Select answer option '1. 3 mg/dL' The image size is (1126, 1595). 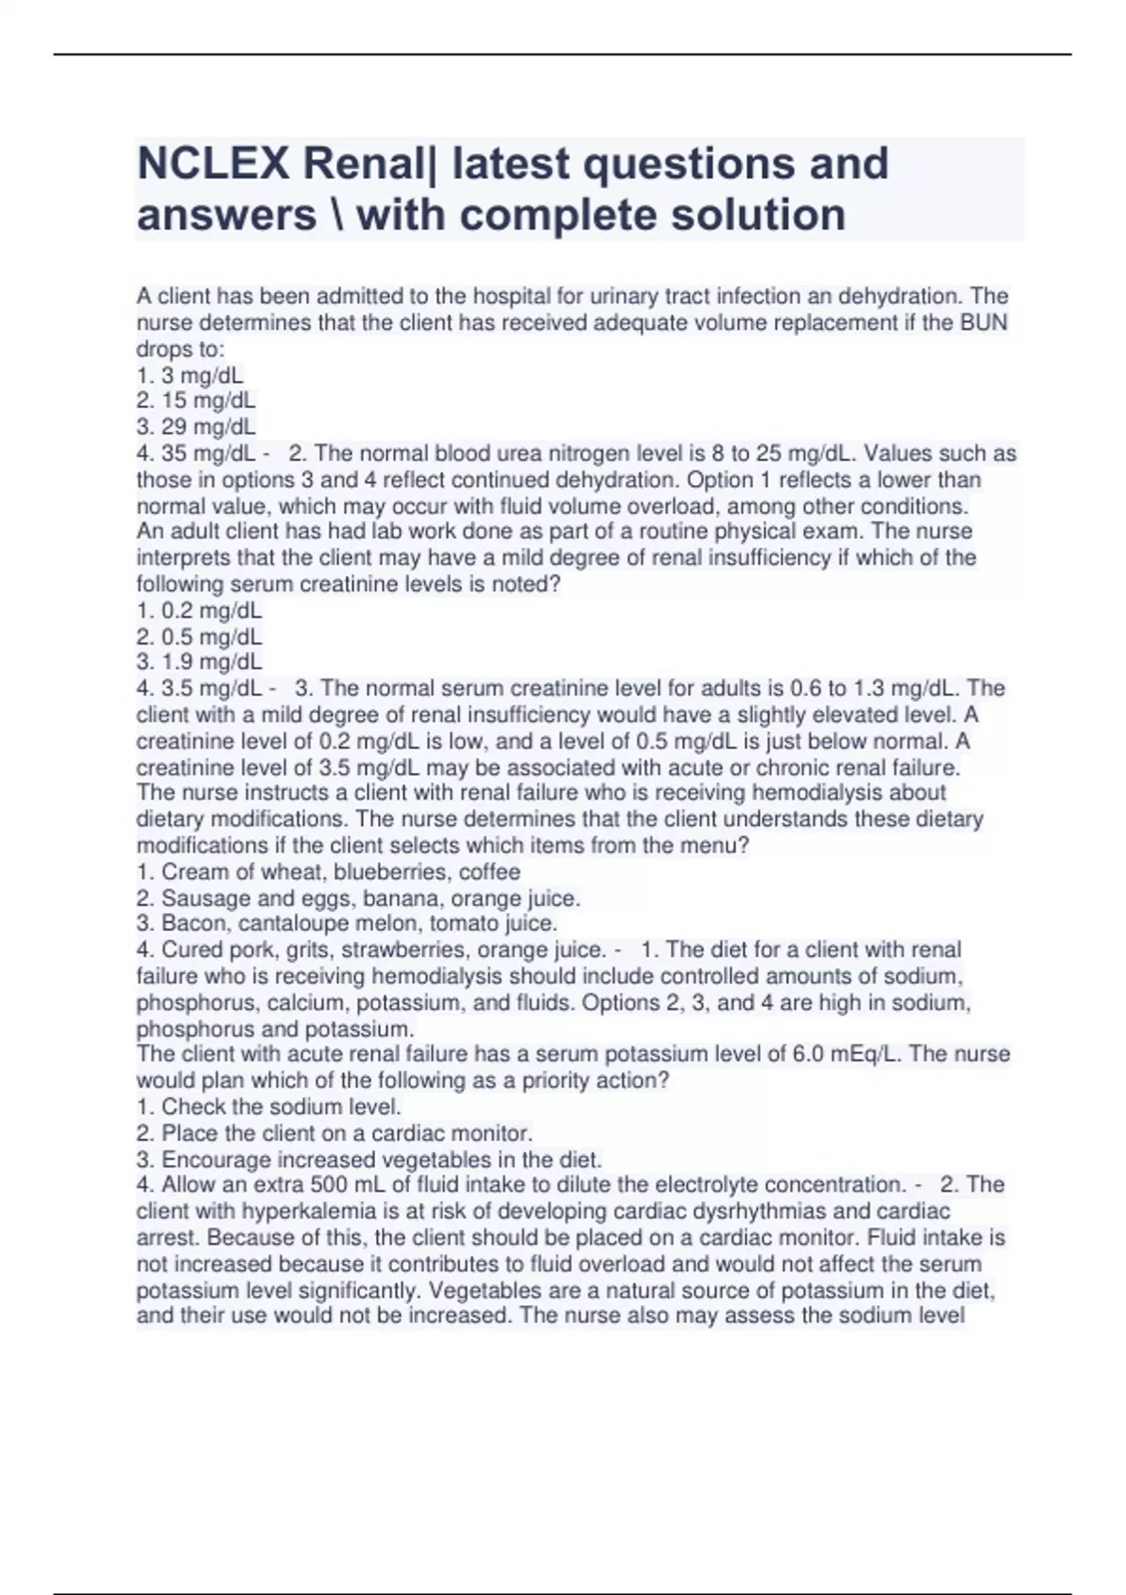click(190, 375)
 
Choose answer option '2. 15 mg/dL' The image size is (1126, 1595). click(195, 401)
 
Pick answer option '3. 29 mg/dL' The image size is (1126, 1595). click(195, 427)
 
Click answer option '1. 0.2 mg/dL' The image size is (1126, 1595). click(199, 611)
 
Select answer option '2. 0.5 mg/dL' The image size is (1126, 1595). click(199, 637)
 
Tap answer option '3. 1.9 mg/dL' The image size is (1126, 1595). click(199, 662)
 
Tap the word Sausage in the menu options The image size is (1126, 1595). click(200, 898)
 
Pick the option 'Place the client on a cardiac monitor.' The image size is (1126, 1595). click(334, 1133)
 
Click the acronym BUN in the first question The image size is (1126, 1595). click(985, 323)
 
